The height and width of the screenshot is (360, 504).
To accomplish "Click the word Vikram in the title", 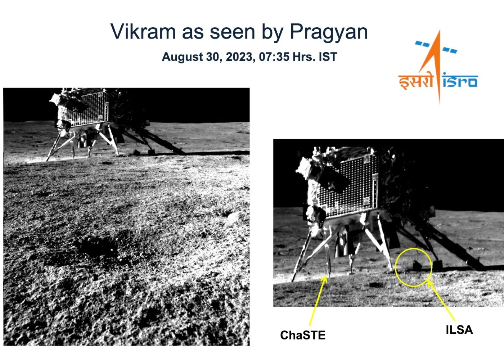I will pos(143,32).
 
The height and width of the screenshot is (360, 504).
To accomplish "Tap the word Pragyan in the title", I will pos(329,32).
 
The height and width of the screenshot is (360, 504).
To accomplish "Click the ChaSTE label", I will pos(302,335).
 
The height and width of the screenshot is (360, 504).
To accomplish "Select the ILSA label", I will pos(459,330).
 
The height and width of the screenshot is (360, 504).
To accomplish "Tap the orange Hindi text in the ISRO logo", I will pos(416,81).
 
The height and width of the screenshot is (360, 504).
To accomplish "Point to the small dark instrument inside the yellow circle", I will pos(417,265).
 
